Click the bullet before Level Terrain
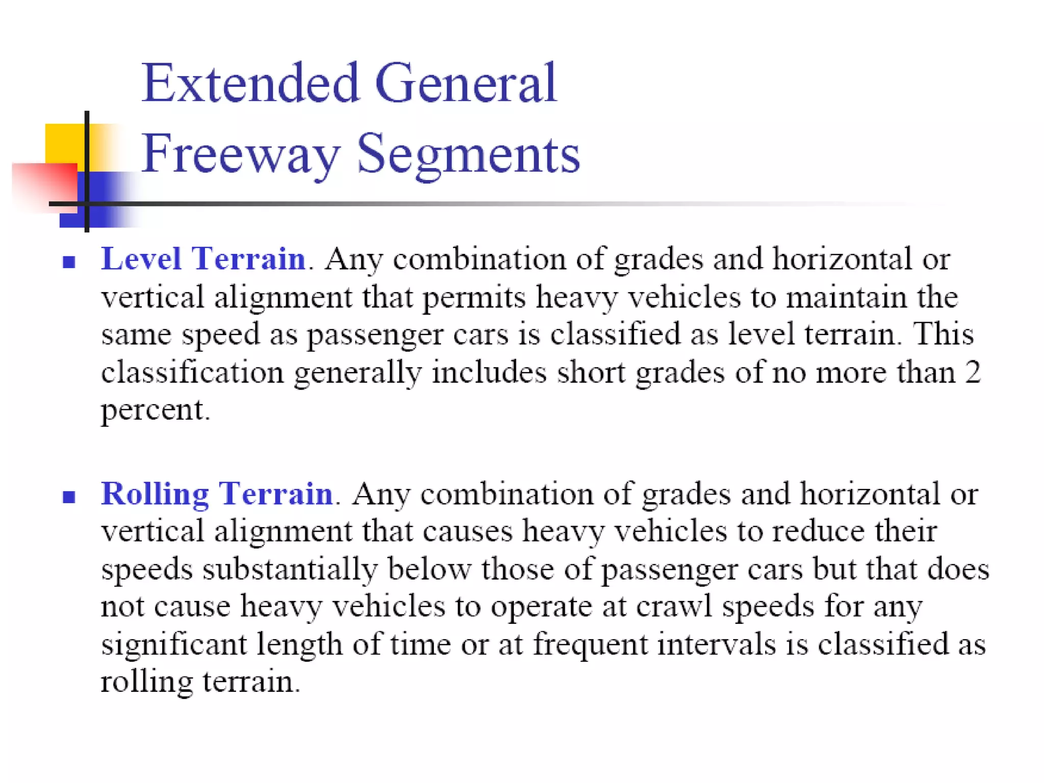point(69,262)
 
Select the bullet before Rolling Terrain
point(69,497)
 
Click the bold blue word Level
point(141,258)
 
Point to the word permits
point(474,298)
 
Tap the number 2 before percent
point(973,372)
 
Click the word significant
point(174,644)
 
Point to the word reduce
point(818,532)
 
